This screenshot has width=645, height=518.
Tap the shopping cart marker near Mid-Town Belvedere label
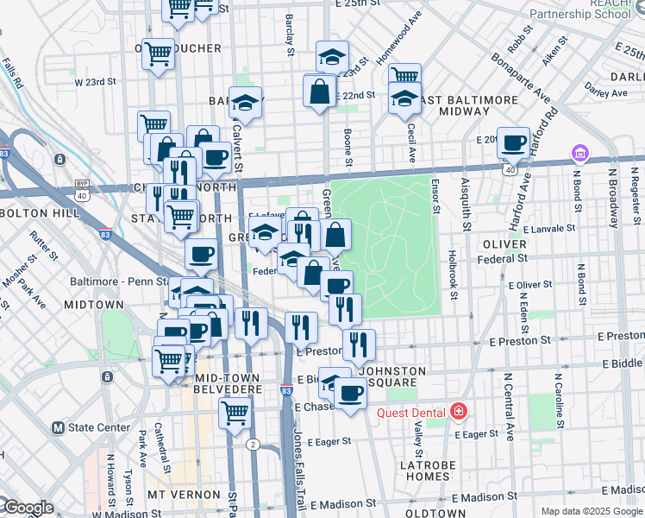pos(234,412)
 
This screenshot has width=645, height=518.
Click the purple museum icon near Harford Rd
pos(579,155)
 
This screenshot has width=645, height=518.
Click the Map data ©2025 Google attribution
pos(591,511)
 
